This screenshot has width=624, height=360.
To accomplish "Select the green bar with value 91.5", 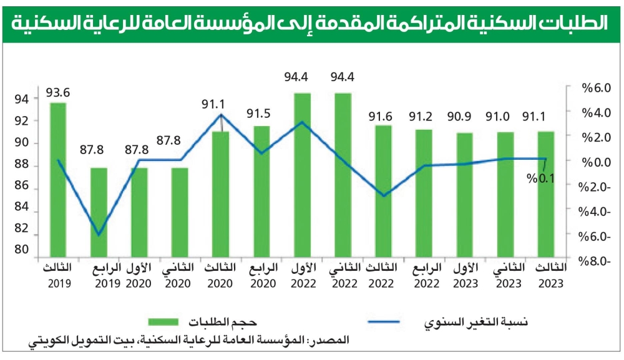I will coord(261,191).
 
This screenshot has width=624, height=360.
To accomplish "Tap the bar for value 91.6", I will coord(383,191).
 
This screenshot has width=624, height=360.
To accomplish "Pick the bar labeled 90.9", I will coord(465,194).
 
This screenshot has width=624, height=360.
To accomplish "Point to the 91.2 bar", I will coord(424,193).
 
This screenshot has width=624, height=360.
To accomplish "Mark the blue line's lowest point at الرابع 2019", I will coord(99,235).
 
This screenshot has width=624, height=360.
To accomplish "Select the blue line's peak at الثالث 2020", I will coord(221,115).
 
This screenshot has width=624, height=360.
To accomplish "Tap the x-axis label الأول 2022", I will coord(303,275).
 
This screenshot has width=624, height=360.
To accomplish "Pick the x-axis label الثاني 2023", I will coord(505,275).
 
